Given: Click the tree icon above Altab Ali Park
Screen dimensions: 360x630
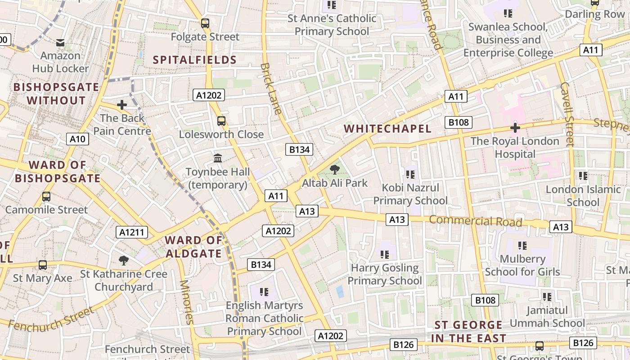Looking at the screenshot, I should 334,170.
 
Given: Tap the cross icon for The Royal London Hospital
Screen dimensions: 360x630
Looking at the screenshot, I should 515,128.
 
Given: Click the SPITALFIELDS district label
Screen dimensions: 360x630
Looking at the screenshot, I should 194,60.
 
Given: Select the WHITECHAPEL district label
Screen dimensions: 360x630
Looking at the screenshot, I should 387,129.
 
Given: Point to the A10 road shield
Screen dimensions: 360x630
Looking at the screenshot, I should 77,139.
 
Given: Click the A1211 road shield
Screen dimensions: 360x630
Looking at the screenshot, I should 132,232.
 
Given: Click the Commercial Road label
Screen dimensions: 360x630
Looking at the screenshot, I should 475,221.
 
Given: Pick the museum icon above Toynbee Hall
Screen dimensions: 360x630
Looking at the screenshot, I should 218,158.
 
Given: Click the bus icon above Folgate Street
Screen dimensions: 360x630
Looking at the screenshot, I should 205,23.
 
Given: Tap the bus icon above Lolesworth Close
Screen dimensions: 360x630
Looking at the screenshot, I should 221,121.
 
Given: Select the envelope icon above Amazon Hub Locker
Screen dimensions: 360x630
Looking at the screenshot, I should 60,43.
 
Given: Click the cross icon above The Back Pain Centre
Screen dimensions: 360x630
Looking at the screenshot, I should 121,105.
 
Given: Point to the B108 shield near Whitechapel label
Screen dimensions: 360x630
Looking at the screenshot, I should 459,122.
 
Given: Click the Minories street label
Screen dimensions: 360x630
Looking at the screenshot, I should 186,302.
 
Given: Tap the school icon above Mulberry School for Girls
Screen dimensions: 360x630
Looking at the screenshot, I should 522,246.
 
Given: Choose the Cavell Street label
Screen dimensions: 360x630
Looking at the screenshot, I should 567,114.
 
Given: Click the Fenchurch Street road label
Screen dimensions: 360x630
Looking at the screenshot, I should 51,319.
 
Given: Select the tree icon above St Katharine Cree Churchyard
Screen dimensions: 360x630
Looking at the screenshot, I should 123,260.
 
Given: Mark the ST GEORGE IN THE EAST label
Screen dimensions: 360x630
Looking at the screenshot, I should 468,332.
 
